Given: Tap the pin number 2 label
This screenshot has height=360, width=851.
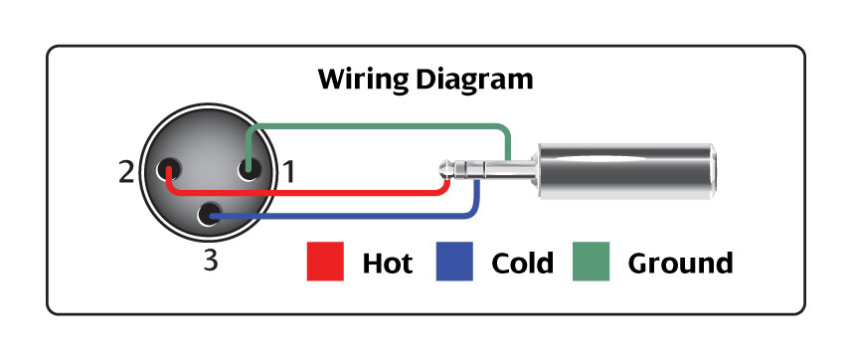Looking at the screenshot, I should (125, 172).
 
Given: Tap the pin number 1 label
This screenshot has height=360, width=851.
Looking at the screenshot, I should (289, 172).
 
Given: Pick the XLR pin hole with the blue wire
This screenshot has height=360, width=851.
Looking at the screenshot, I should (210, 214).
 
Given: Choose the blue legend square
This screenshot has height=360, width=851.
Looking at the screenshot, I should (453, 263).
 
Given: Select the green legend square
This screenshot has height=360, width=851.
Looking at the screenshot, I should (591, 263).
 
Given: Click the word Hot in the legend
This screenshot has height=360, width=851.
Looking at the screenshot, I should (387, 264).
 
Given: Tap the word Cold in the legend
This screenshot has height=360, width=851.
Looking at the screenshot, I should (522, 264).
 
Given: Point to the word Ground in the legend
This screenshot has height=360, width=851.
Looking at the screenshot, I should (680, 264).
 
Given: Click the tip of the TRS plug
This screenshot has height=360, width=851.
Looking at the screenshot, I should (444, 171).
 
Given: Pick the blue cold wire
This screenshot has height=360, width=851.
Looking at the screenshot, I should (348, 215).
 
